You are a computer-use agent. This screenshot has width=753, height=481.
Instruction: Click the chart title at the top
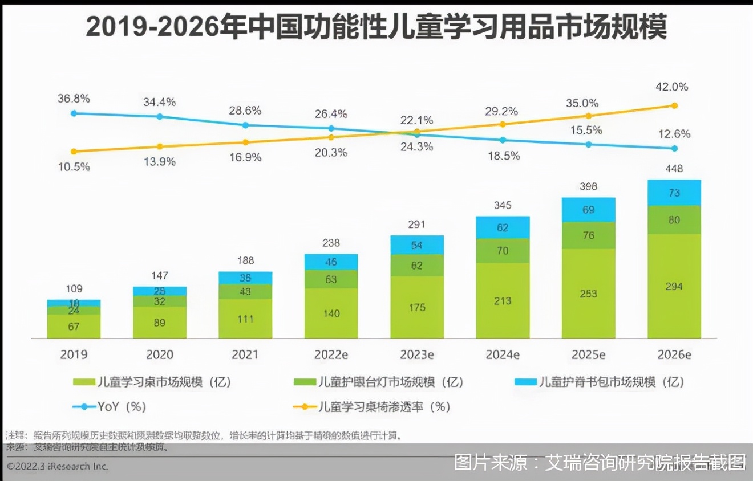tap(376, 27)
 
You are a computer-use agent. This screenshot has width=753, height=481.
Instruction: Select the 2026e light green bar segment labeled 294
tap(674, 286)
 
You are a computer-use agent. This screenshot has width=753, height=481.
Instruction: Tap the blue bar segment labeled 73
tap(674, 193)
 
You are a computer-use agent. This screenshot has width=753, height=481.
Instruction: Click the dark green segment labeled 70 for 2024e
tap(503, 250)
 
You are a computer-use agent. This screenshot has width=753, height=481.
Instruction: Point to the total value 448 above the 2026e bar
tap(674, 169)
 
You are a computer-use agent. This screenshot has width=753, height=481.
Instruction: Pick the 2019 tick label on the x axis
tap(74, 354)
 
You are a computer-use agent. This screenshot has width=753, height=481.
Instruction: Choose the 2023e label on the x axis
tap(417, 354)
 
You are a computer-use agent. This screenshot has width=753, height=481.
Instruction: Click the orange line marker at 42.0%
tap(674, 105)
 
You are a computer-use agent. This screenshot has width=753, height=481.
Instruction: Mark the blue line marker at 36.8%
tap(74, 113)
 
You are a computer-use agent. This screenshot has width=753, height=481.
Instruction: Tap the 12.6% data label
tap(674, 134)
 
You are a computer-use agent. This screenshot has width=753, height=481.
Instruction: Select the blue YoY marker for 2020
tap(160, 116)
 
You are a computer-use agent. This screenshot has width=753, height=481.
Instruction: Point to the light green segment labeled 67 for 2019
tap(74, 327)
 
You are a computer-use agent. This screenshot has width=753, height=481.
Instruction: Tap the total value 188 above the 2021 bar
tap(245, 261)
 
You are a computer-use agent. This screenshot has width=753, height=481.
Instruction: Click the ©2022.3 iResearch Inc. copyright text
tap(57, 466)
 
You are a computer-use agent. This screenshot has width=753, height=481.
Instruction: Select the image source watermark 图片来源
tap(599, 462)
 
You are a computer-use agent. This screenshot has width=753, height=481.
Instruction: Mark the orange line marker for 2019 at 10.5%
tap(74, 152)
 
